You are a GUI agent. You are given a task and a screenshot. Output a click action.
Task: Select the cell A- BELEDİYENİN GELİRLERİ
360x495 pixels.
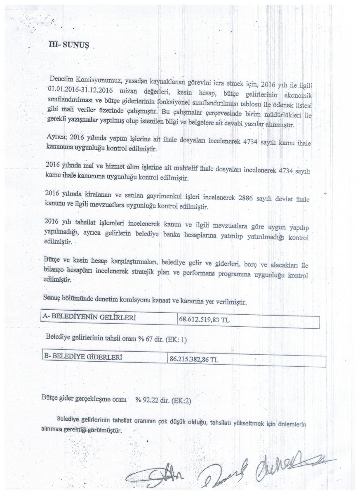[89, 318]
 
